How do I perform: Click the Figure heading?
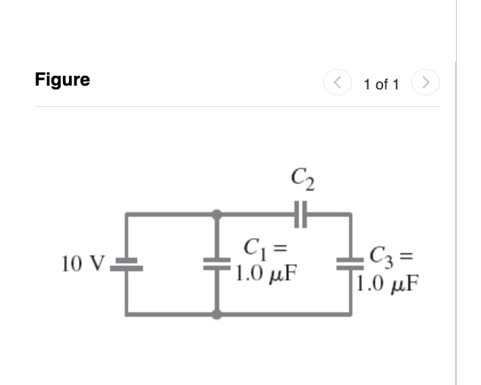(x=62, y=80)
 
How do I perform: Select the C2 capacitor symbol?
(x=300, y=215)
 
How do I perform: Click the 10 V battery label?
(x=83, y=264)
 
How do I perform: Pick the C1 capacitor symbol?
(x=218, y=264)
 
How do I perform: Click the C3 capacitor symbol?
(x=351, y=264)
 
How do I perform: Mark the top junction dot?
(x=218, y=215)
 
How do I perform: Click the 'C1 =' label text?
(x=261, y=248)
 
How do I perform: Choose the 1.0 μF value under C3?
(x=388, y=285)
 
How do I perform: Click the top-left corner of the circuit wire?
(x=126, y=215)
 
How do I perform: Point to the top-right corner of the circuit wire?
(x=351, y=215)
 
